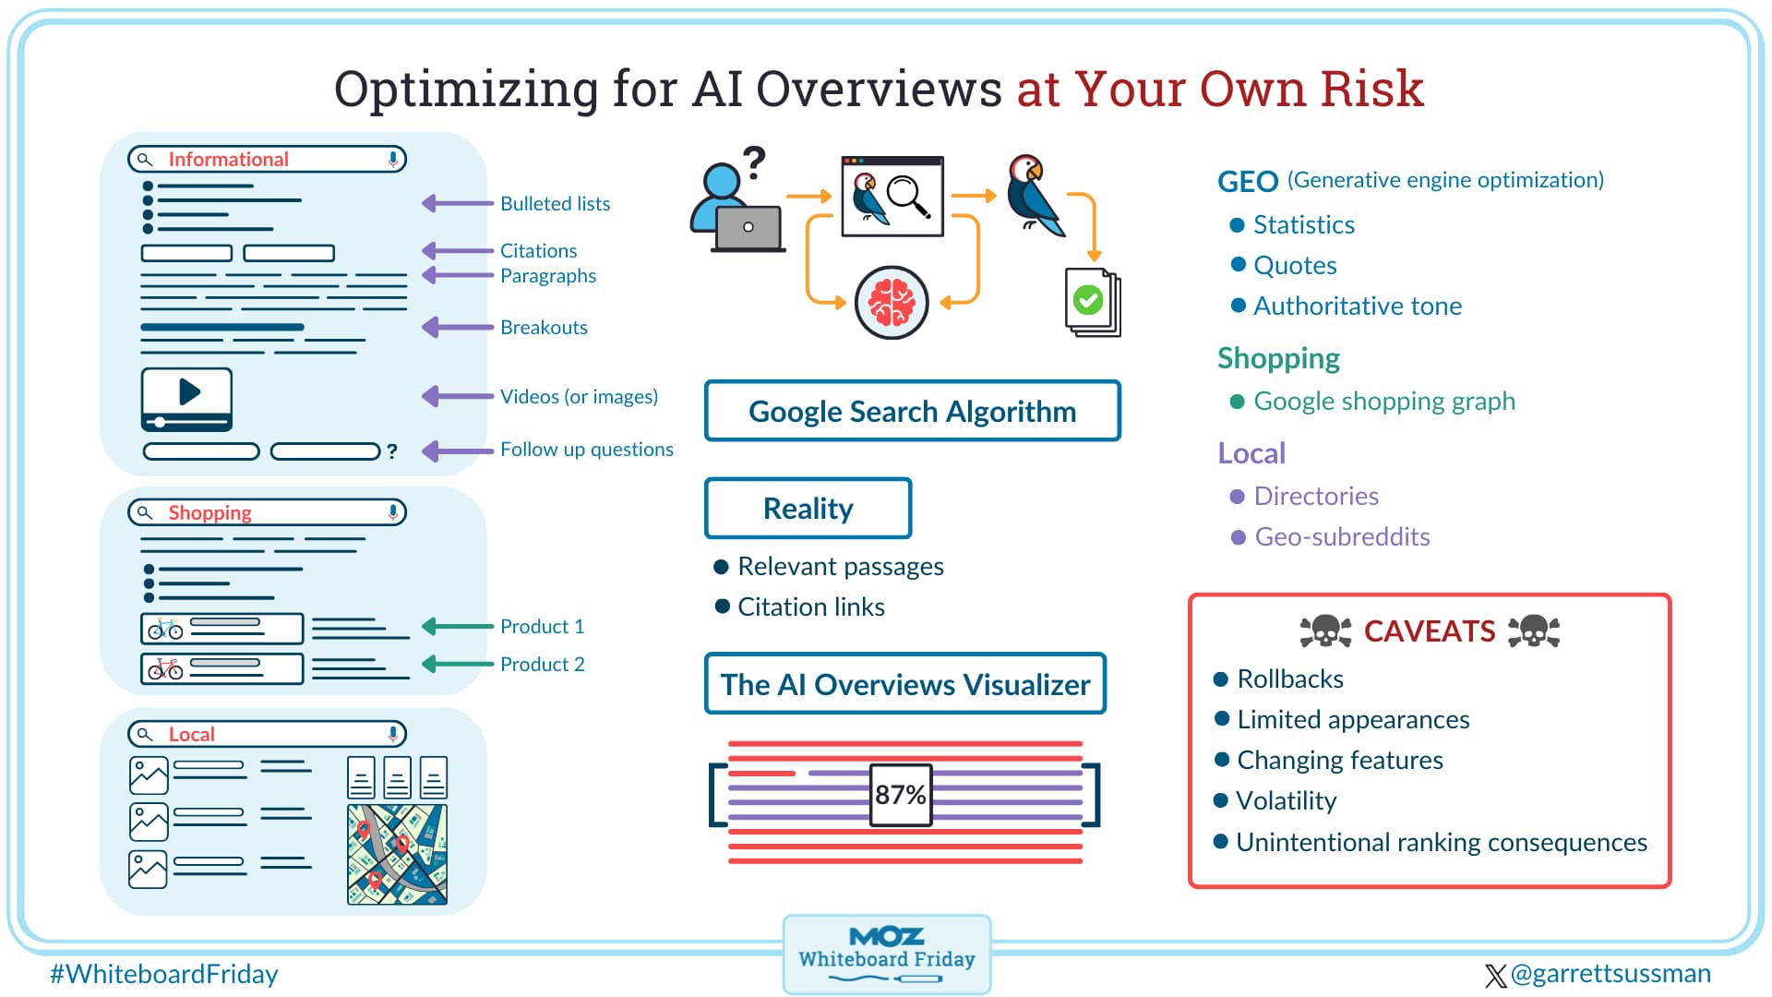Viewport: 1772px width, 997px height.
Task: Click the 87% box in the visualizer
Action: [x=901, y=794]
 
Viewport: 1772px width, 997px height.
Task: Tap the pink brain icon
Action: [x=891, y=303]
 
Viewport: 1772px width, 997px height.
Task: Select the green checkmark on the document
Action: [x=1088, y=300]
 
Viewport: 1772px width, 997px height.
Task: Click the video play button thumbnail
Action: [x=187, y=397]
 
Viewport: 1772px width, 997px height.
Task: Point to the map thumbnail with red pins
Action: [x=397, y=854]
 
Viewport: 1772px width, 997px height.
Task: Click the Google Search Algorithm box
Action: [x=912, y=412]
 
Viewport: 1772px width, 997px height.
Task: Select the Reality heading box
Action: [x=808, y=509]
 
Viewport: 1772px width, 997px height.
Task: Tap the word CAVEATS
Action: [x=1429, y=631]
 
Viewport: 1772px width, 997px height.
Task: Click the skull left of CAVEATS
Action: [x=1325, y=631]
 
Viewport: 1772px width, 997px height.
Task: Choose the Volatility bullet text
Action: [x=1286, y=800]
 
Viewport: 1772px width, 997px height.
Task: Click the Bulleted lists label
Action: [x=555, y=204]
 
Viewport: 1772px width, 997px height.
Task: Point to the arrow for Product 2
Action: [x=458, y=664]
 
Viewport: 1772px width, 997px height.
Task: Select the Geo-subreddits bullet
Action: [x=1341, y=537]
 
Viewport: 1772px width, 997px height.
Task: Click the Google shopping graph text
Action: [x=1383, y=402]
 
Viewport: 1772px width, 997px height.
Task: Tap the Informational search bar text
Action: [x=228, y=160]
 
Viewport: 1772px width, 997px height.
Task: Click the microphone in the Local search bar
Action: [x=393, y=734]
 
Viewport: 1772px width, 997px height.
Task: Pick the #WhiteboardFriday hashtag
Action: [x=163, y=974]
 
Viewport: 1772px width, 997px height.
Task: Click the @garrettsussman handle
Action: [x=1610, y=974]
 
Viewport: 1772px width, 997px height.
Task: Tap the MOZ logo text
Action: [x=886, y=936]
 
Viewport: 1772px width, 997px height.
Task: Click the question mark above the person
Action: [x=755, y=162]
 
